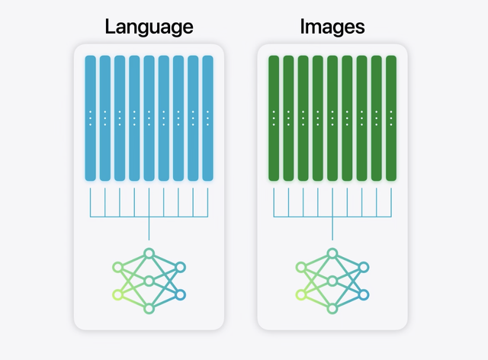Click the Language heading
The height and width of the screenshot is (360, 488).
(x=149, y=27)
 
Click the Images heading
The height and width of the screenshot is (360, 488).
(x=332, y=27)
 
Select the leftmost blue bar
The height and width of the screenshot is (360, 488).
(x=90, y=118)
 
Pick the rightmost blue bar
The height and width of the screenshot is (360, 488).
(x=207, y=118)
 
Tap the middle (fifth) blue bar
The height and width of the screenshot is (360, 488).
(x=149, y=118)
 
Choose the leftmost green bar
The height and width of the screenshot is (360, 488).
(x=274, y=118)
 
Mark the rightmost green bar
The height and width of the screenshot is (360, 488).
(x=391, y=118)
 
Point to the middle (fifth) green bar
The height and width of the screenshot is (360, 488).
(x=332, y=118)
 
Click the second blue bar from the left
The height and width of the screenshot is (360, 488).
(x=104, y=118)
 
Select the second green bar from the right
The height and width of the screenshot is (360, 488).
(x=377, y=118)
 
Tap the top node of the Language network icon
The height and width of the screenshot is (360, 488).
(x=149, y=253)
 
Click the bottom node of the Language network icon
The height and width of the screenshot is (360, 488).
(x=149, y=307)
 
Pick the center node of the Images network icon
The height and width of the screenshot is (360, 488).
(x=332, y=281)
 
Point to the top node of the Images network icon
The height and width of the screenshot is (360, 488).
(x=332, y=253)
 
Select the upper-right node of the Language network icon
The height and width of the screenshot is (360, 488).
(x=181, y=267)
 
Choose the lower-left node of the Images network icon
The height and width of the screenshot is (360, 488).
(x=301, y=294)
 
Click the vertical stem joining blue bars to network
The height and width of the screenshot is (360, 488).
(x=149, y=229)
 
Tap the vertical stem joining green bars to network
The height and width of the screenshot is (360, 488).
(x=332, y=229)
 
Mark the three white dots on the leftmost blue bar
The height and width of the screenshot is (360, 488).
(x=90, y=117)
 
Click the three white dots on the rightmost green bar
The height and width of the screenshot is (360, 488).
(x=391, y=117)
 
